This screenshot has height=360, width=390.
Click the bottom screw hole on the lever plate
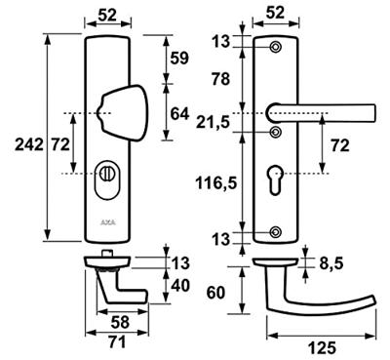(x=276, y=231)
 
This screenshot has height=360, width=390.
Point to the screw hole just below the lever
(x=276, y=127)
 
